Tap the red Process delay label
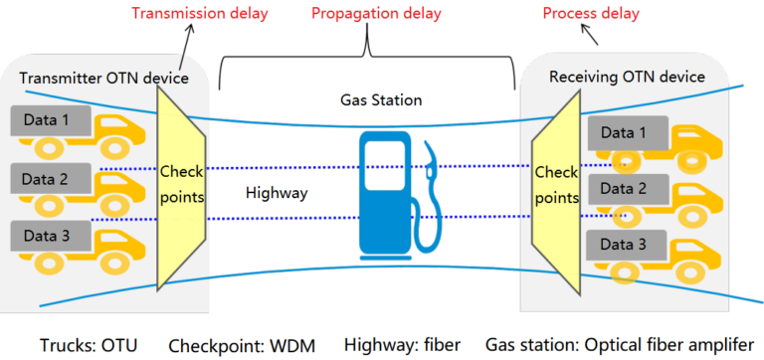(x=591, y=15)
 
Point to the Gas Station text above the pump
(x=381, y=100)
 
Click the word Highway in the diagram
(x=274, y=193)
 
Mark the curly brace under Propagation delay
(x=368, y=55)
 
